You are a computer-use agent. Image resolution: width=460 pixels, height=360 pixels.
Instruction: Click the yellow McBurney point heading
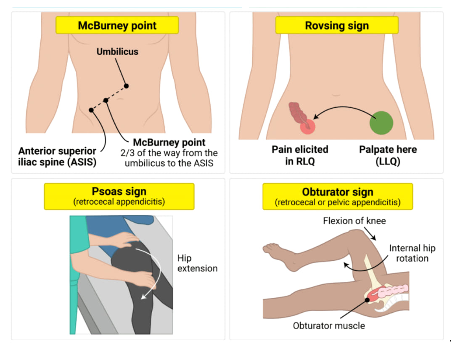tap(117, 25)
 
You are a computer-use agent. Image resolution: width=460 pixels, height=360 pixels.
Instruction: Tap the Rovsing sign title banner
tap(336, 25)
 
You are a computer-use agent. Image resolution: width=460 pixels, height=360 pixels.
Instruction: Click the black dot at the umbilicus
tap(126, 86)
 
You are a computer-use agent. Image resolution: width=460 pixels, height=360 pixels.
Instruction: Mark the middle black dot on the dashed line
tap(106, 100)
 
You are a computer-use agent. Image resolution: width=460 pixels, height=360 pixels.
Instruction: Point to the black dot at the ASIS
tap(91, 110)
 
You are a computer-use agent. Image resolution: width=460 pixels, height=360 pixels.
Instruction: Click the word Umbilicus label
tap(117, 52)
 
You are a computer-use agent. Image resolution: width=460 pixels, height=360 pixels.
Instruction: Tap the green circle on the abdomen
tap(381, 123)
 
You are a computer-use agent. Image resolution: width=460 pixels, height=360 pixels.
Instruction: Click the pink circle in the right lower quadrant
tap(307, 126)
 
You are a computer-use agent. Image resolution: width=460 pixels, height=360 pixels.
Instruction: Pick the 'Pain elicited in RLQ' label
tap(300, 155)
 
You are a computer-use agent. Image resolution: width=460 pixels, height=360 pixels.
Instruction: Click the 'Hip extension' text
tap(197, 263)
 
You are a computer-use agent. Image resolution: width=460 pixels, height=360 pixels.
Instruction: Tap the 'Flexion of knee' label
tap(354, 221)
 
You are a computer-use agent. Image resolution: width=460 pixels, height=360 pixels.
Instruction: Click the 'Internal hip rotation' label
tap(412, 253)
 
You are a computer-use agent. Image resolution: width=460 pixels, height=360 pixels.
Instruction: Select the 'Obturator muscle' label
tap(329, 326)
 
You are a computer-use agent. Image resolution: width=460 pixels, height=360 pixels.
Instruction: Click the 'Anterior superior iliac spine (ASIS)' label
tap(57, 156)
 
